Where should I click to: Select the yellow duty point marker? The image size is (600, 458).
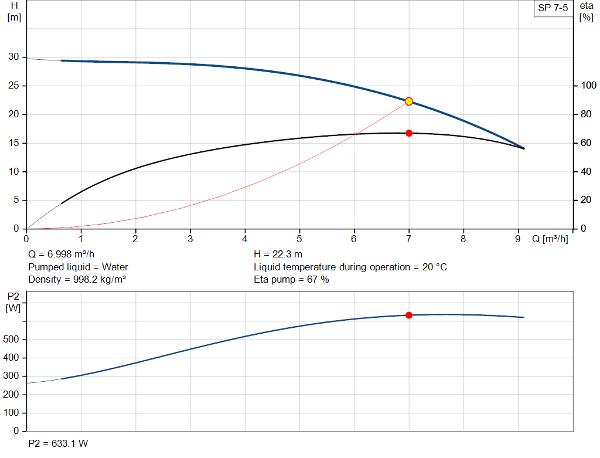click(409, 101)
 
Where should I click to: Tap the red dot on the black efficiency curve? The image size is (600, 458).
click(409, 133)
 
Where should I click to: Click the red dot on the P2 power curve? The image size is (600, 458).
click(409, 315)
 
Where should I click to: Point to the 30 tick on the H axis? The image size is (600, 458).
click(13, 57)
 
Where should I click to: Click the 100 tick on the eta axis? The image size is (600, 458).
click(587, 86)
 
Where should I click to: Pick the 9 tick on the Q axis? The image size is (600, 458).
click(518, 239)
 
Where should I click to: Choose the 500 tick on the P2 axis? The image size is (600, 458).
click(13, 340)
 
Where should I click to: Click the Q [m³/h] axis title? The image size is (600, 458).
click(550, 239)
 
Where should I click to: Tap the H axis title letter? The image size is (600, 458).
click(14, 5)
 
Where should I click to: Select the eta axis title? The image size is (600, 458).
click(586, 5)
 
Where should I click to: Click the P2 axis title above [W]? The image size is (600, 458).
click(13, 296)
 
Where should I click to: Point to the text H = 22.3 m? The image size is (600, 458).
click(278, 255)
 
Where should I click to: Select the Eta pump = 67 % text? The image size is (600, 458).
click(291, 279)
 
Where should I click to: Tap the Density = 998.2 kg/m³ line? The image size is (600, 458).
click(77, 279)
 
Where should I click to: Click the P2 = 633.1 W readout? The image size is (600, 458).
click(58, 443)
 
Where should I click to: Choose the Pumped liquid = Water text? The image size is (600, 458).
click(78, 267)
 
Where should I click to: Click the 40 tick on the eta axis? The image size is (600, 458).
click(585, 172)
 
